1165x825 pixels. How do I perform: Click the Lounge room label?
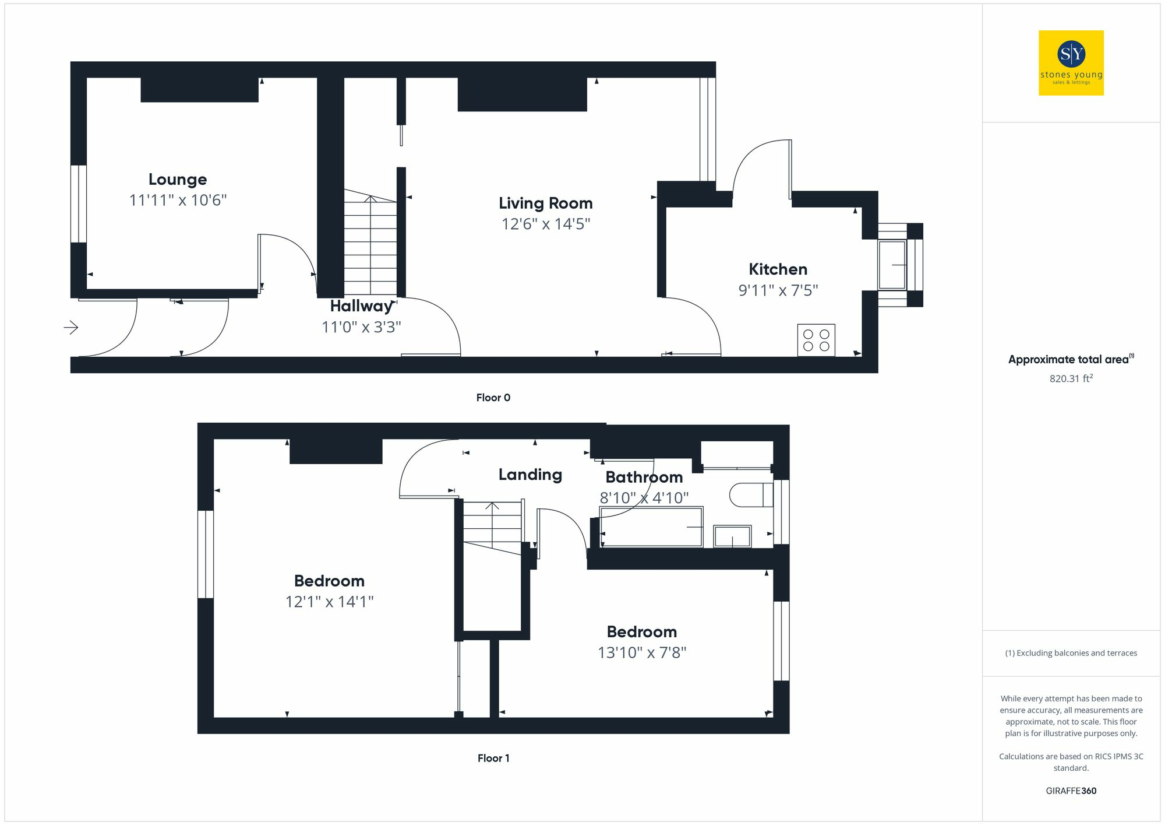pos(178,180)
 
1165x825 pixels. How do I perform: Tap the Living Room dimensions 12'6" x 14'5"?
pos(546,224)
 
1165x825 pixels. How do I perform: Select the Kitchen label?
pos(778,269)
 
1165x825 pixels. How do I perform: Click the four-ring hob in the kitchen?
pos(816,340)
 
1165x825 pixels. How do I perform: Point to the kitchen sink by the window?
pos(892,265)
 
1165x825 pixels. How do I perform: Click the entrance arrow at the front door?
pos(71,328)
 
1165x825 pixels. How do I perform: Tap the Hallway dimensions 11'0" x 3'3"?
pos(361,327)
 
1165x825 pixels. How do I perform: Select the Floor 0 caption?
pos(493,398)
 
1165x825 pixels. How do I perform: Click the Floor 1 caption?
pos(493,758)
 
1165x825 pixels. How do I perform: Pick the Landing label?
pos(530,475)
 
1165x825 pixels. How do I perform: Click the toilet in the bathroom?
pos(751,495)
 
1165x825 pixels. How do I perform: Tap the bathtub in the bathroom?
pos(651,527)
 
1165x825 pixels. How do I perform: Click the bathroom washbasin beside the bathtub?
pos(732,536)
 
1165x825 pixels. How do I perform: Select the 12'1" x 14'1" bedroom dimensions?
pos(329,602)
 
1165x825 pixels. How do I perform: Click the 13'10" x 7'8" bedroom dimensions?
pos(642,652)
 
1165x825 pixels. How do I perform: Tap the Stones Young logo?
pos(1071,63)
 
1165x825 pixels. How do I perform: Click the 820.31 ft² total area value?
pos(1071,378)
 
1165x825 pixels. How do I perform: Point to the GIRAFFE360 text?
pos(1071,791)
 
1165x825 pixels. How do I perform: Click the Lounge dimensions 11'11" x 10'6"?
pos(178,201)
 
